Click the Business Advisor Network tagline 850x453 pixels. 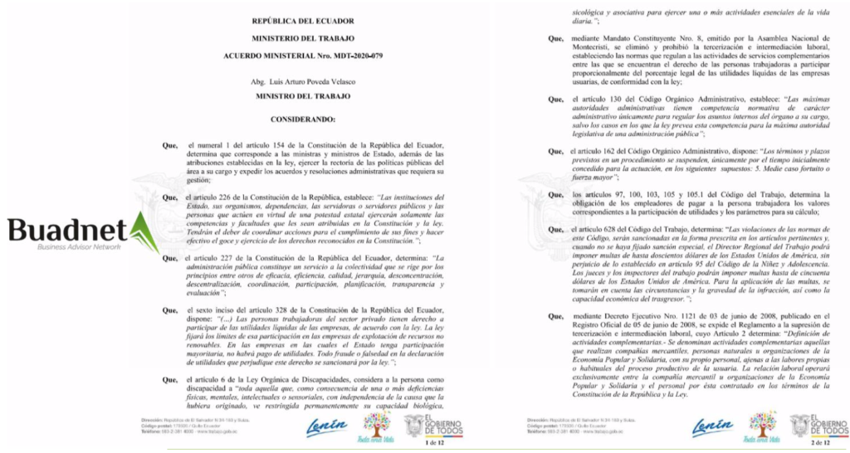pyautogui.click(x=70, y=248)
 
